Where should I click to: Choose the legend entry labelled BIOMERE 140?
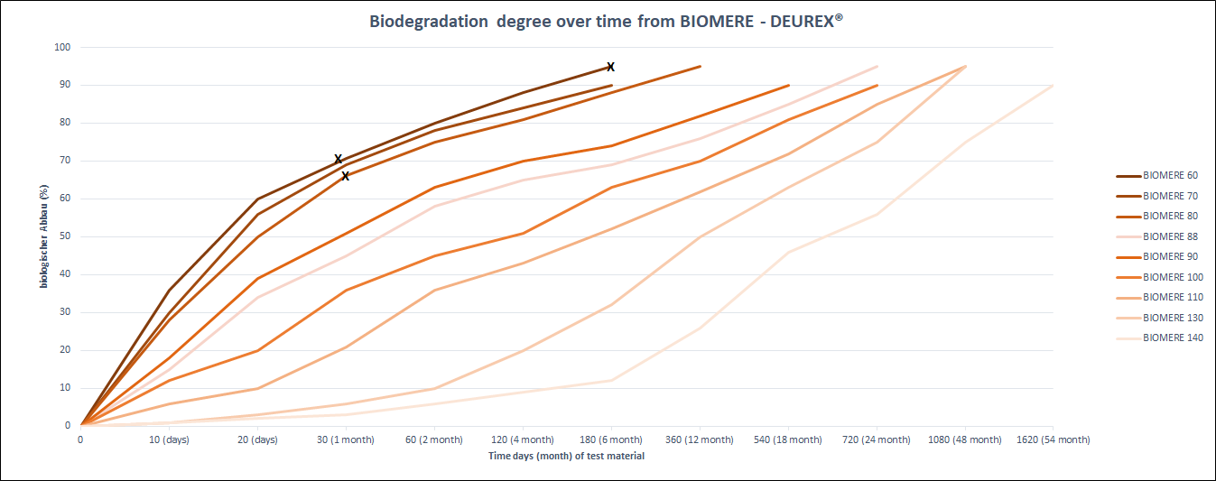pyautogui.click(x=1173, y=338)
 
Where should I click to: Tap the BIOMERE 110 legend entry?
pyautogui.click(x=1173, y=298)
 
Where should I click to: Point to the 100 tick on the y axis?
pyautogui.click(x=64, y=47)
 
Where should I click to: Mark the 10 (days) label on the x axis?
pyautogui.click(x=169, y=440)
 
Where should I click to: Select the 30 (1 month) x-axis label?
pyautogui.click(x=346, y=440)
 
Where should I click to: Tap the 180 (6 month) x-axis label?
pyautogui.click(x=611, y=440)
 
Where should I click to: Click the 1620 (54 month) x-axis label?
pyautogui.click(x=1053, y=440)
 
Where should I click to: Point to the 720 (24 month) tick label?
pyautogui.click(x=877, y=440)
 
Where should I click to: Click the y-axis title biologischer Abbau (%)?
pyautogui.click(x=42, y=236)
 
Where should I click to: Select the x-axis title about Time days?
pyautogui.click(x=566, y=456)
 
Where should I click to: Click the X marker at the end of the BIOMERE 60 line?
pyautogui.click(x=610, y=67)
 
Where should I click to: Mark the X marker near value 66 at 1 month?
pyautogui.click(x=345, y=176)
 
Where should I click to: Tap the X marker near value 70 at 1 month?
pyautogui.click(x=339, y=159)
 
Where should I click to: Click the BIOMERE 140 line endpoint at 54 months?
pyautogui.click(x=1053, y=86)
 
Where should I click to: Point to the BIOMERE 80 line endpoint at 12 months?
pyautogui.click(x=700, y=66)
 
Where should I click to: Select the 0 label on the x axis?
pyautogui.click(x=80, y=440)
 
